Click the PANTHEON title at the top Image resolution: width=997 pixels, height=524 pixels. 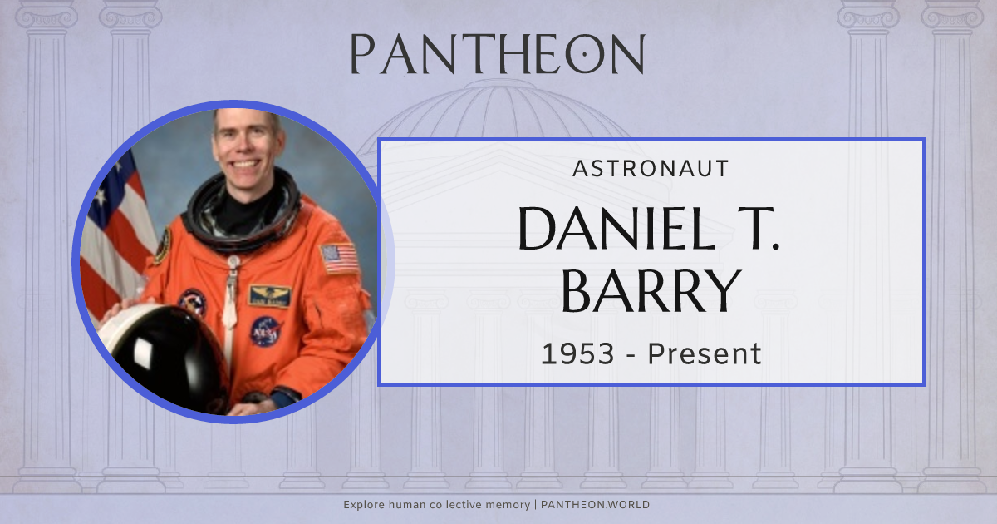(x=498, y=53)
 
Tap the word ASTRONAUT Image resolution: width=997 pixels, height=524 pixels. (x=651, y=169)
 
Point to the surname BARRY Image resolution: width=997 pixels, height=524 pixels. (x=651, y=290)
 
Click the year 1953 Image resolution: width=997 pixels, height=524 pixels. (x=577, y=353)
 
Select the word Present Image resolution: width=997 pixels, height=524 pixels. (x=705, y=353)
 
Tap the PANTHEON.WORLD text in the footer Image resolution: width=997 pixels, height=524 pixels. (x=595, y=505)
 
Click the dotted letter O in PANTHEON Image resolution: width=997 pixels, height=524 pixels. (x=585, y=53)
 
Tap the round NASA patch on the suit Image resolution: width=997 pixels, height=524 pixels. (x=266, y=332)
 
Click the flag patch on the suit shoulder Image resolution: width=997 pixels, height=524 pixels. (x=340, y=258)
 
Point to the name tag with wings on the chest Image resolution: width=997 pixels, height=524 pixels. (x=269, y=296)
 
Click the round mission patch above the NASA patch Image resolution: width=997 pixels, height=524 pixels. (x=192, y=303)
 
